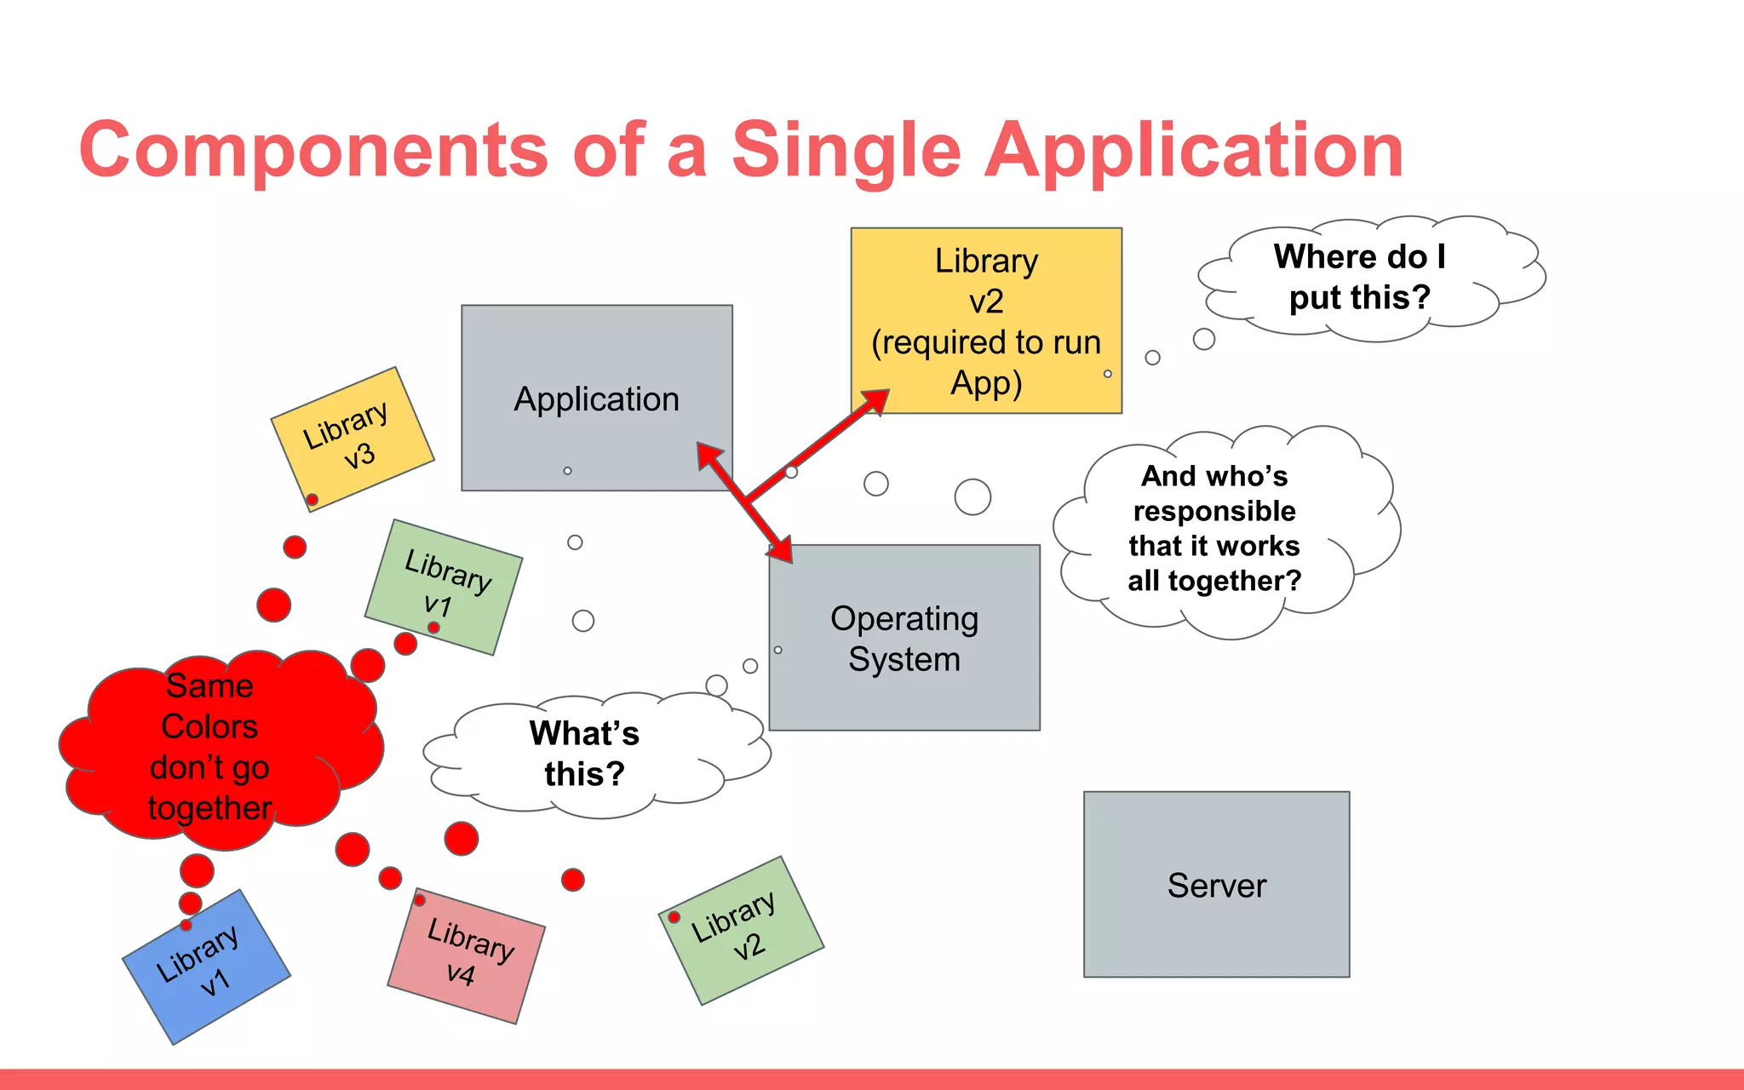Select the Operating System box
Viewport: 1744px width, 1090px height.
click(x=904, y=639)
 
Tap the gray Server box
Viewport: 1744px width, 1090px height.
click(x=1216, y=885)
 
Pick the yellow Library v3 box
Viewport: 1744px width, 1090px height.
click(x=352, y=438)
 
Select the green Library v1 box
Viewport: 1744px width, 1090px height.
click(x=444, y=586)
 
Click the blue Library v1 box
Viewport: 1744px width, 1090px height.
click(x=207, y=967)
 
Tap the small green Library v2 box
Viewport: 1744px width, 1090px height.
click(x=741, y=930)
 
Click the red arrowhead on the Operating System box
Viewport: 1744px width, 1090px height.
click(x=780, y=548)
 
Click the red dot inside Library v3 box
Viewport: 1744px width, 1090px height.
click(x=313, y=499)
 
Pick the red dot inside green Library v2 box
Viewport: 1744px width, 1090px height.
click(x=674, y=917)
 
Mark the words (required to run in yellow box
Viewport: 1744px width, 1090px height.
click(x=986, y=342)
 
